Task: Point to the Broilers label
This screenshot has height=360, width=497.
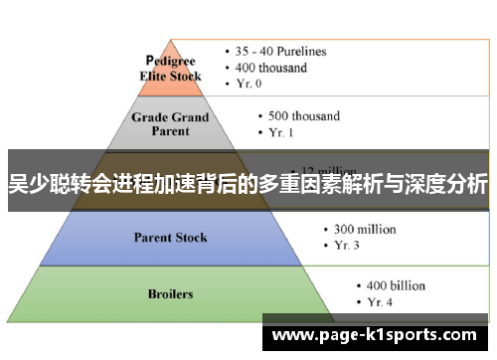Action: pos(172,294)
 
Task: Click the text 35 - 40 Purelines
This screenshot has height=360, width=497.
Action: pos(283,51)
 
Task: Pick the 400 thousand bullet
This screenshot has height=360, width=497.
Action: pos(271,68)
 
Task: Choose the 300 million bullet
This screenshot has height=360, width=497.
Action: pos(358,229)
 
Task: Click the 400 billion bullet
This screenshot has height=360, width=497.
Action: pos(394,285)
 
